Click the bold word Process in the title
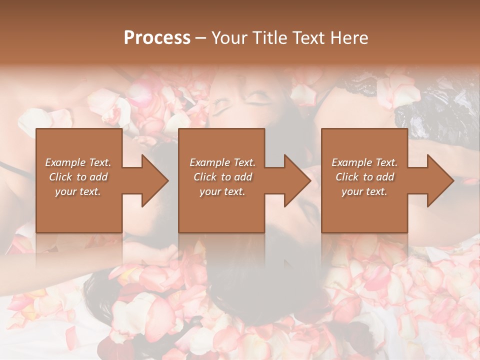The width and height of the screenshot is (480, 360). click(x=157, y=38)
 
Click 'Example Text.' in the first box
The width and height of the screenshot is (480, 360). click(x=78, y=162)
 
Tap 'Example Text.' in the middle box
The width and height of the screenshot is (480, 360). click(x=222, y=162)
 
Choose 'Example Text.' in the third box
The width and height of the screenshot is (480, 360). click(x=364, y=162)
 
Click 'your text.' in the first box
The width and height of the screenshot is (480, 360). click(x=78, y=191)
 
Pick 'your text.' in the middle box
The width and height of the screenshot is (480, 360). click(x=222, y=191)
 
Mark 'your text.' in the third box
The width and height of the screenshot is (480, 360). click(x=364, y=191)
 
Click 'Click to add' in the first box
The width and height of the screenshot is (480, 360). click(x=78, y=177)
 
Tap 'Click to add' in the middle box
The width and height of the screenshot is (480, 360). click(x=222, y=177)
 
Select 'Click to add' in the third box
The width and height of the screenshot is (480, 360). click(x=364, y=177)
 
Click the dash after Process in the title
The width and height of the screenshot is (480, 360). click(x=201, y=38)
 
